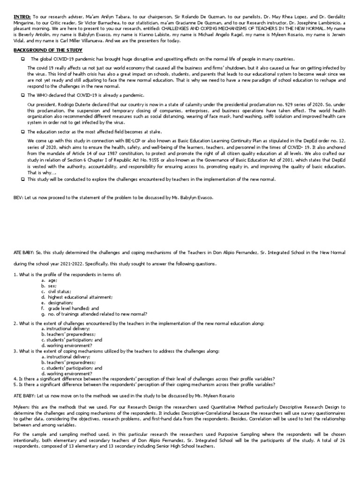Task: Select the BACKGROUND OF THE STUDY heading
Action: [x=48, y=50]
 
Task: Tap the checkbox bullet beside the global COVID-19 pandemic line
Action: [x=22, y=59]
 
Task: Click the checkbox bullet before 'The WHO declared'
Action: [x=22, y=95]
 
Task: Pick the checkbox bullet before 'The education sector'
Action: [x=22, y=132]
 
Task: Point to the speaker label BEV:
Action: [x=18, y=198]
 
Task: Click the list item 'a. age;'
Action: [x=49, y=280]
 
